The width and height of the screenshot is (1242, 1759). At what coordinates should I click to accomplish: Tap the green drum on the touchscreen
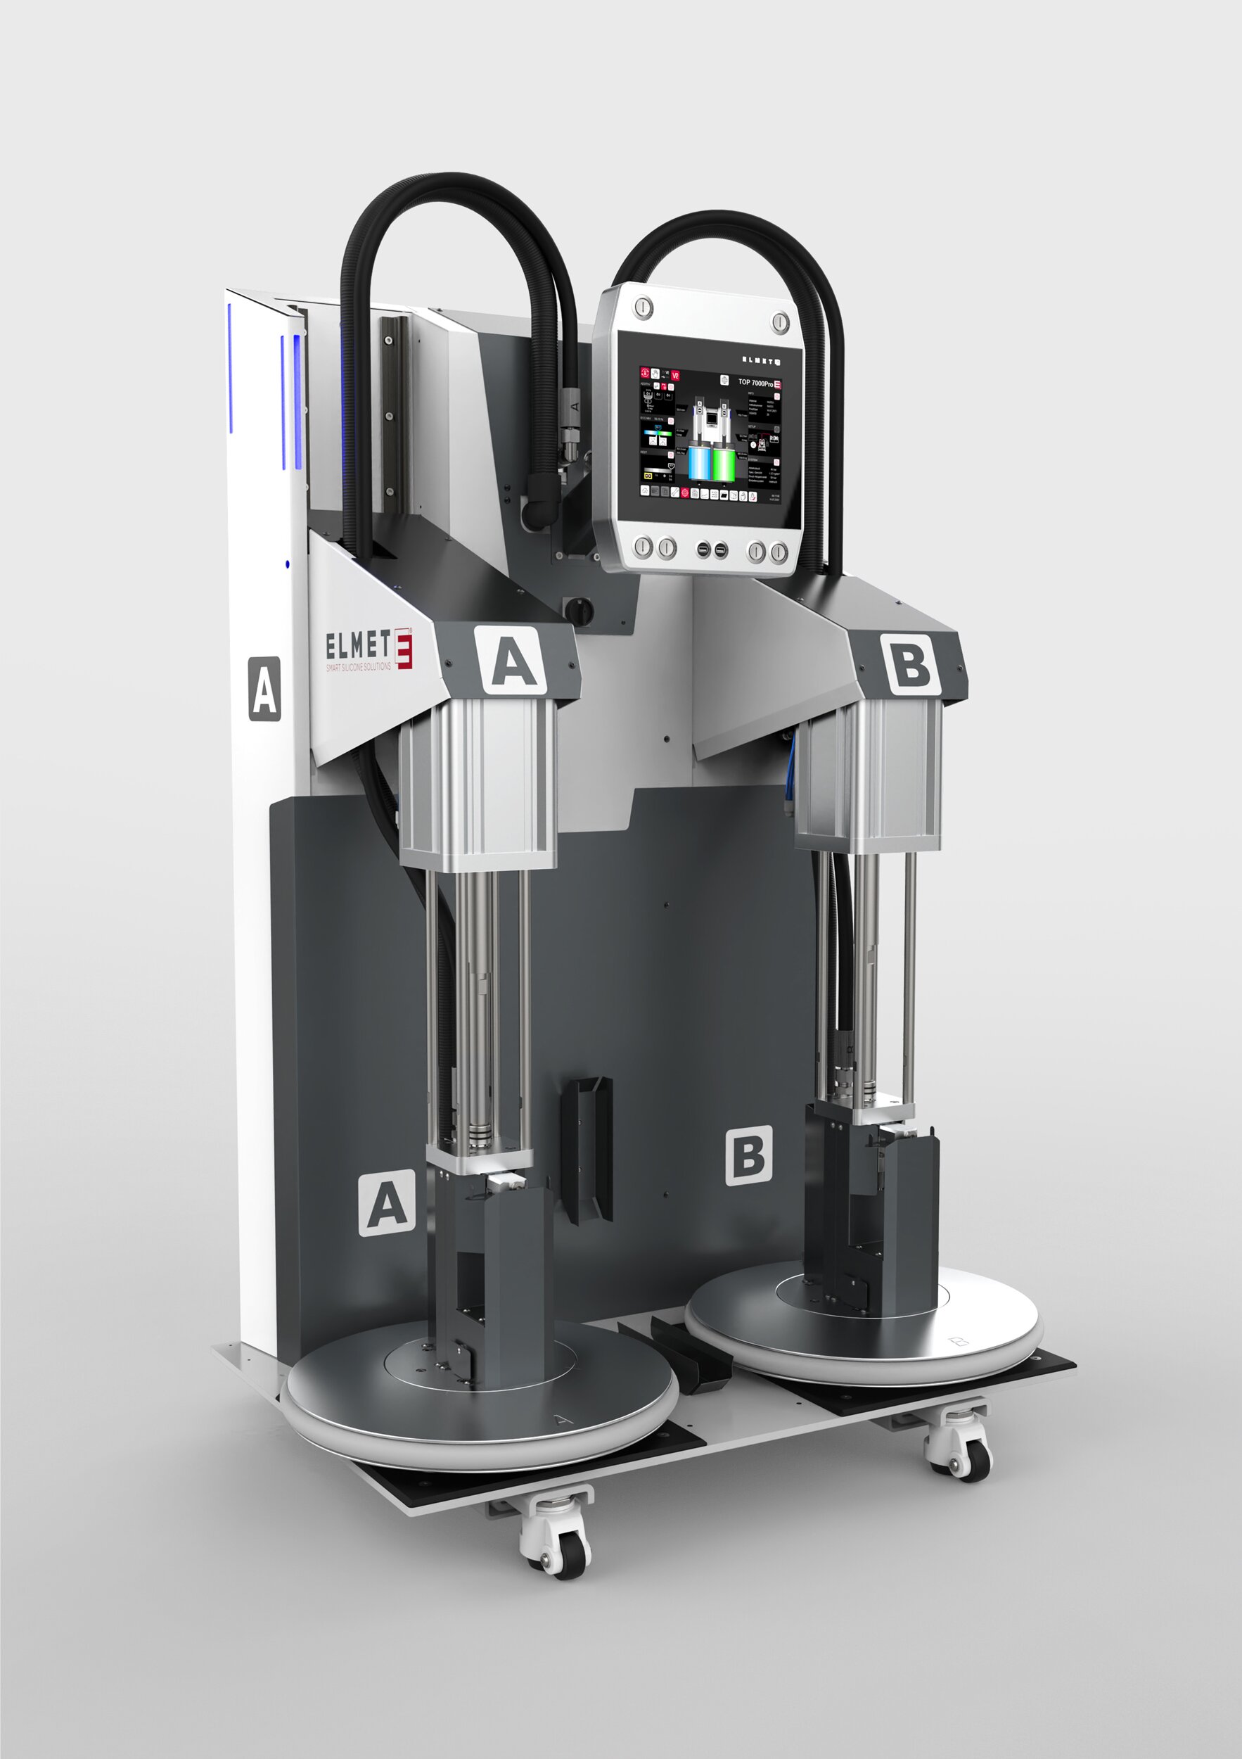[x=724, y=464]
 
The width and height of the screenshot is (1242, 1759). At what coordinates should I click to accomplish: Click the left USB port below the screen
[x=702, y=550]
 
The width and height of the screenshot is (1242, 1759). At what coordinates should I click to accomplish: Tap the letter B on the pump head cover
[x=909, y=662]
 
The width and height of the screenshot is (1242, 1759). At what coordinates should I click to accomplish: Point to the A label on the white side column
[x=264, y=688]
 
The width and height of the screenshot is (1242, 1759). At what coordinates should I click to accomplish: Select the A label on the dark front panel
[x=387, y=1202]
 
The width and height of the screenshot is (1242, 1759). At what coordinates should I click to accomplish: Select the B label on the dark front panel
[x=748, y=1155]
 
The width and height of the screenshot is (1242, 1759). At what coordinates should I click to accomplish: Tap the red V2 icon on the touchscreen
[x=674, y=376]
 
